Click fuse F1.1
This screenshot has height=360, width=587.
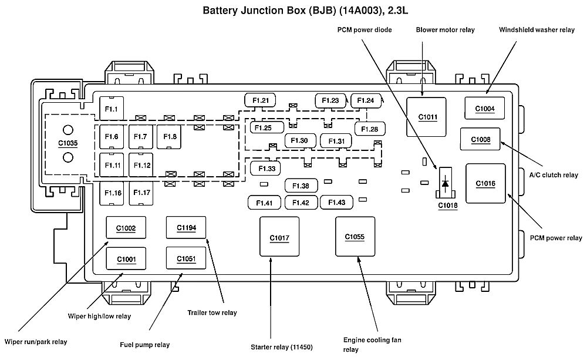click(112, 109)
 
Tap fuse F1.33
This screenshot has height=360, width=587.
click(266, 169)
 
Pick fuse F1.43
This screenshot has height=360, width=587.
click(336, 203)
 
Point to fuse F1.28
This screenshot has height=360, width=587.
click(369, 129)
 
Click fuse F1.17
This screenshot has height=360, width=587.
click(141, 193)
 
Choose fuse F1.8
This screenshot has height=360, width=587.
click(170, 137)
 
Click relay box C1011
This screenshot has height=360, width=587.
click(427, 117)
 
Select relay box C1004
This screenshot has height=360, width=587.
click(485, 108)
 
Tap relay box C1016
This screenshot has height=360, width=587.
click(485, 184)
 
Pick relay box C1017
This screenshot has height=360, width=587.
click(279, 238)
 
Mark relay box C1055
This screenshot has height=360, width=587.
click(355, 237)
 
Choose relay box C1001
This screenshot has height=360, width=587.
click(126, 258)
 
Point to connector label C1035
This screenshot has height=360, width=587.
click(68, 143)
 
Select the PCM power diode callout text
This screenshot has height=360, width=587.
click(364, 29)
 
